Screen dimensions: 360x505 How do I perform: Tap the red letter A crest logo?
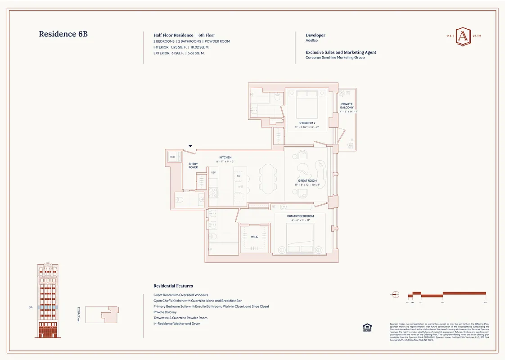point(462,36)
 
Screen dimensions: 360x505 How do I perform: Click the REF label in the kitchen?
point(213,172)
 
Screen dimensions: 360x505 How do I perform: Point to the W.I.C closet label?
point(253,237)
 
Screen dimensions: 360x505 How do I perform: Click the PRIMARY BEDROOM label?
point(300,216)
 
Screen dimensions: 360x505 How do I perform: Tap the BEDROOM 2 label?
point(307,123)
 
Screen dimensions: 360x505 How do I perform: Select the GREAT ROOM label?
point(307,181)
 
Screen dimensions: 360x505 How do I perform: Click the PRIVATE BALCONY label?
point(347,106)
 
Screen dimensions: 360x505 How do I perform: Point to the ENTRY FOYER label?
point(193,166)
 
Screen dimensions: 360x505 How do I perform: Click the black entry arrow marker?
point(190,146)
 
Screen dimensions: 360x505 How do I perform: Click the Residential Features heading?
point(173,286)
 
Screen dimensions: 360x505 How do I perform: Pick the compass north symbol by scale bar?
point(396,295)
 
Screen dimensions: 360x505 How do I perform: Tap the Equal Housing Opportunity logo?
point(366,327)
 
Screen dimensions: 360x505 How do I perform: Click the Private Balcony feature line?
point(165,312)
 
